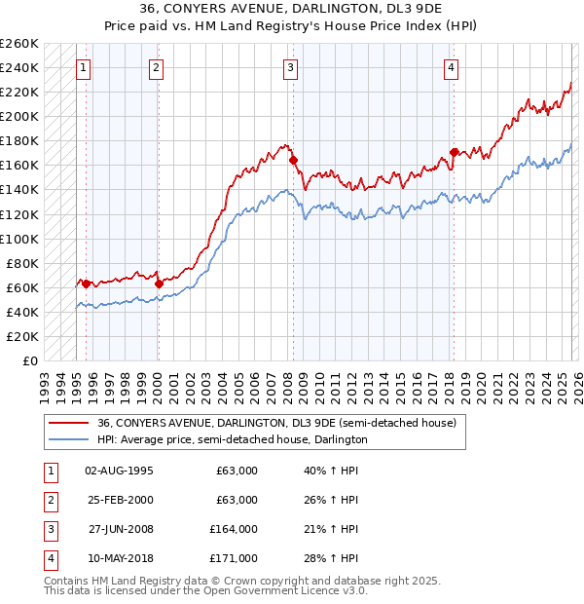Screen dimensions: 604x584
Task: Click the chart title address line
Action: (291, 9)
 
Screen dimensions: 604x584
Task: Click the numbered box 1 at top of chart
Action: (84, 67)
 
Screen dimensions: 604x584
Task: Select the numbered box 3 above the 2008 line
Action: (291, 67)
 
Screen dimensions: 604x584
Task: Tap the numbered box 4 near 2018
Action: (452, 67)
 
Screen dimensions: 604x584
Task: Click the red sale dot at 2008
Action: (293, 160)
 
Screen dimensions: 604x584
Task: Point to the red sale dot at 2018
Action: (454, 152)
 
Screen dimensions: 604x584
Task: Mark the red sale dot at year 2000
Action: (159, 283)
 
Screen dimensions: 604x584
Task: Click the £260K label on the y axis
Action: (19, 44)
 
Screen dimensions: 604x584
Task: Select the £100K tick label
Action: (19, 239)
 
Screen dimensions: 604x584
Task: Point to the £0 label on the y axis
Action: (31, 361)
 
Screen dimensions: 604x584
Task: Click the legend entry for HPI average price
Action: (232, 439)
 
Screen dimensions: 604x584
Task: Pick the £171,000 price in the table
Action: (234, 558)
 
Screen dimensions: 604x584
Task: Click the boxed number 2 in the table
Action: (49, 500)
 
